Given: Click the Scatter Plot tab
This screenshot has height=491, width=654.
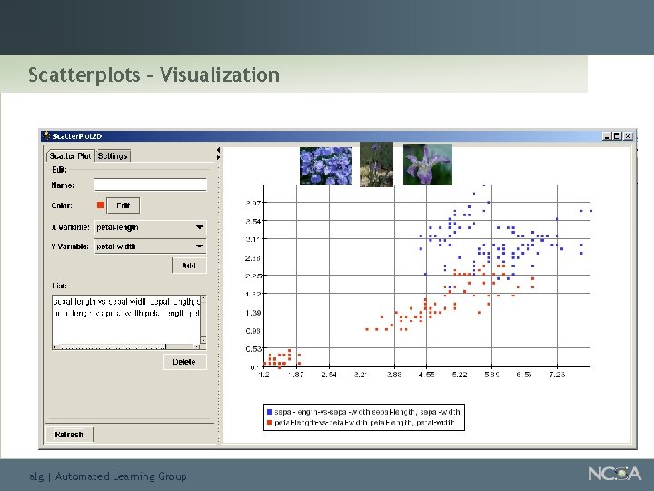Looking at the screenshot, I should pyautogui.click(x=71, y=156).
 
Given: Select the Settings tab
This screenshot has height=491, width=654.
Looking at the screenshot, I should pyautogui.click(x=114, y=156).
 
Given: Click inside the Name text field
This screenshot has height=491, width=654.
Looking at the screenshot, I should pyautogui.click(x=150, y=185).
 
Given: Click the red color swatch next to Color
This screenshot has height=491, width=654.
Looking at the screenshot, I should pyautogui.click(x=100, y=205).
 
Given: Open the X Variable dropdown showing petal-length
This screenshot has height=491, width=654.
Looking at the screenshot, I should pyautogui.click(x=150, y=227).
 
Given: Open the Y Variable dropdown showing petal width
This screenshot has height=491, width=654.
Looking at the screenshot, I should pyautogui.click(x=150, y=246).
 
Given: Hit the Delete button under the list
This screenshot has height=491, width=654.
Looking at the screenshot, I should pyautogui.click(x=183, y=362).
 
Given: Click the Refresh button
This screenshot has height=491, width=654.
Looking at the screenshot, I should pyautogui.click(x=69, y=435).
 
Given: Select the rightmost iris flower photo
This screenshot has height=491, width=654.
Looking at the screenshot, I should pyautogui.click(x=427, y=165).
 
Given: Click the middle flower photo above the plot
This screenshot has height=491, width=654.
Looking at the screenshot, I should pyautogui.click(x=376, y=165).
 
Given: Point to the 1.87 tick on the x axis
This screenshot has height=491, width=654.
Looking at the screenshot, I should pyautogui.click(x=295, y=374).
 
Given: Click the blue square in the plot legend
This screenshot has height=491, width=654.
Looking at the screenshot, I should pyautogui.click(x=269, y=412).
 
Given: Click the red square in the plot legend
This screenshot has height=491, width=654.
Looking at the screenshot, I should pyautogui.click(x=269, y=423).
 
